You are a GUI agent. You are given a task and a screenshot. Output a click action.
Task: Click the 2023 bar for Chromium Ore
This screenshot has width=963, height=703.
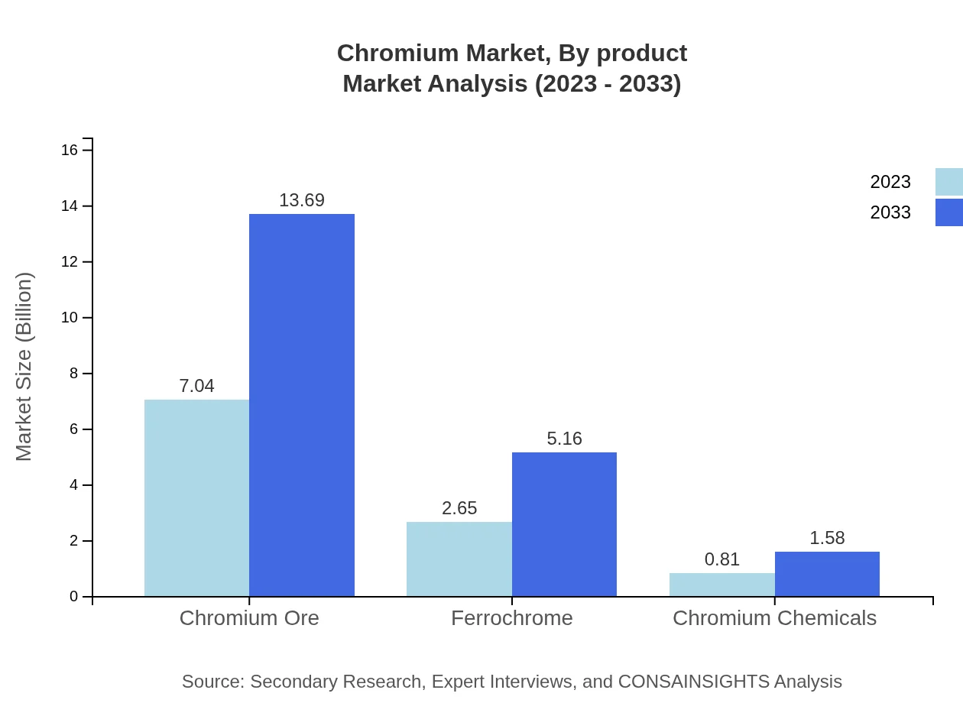click(196, 497)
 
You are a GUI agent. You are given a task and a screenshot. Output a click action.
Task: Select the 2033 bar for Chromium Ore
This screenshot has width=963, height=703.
click(302, 405)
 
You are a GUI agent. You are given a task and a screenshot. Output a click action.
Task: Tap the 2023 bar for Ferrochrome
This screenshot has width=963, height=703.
click(459, 559)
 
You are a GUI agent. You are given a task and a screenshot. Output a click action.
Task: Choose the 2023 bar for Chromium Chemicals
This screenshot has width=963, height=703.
click(722, 585)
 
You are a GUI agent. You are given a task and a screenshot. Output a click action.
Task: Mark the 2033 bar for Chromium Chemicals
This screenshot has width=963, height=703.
click(827, 574)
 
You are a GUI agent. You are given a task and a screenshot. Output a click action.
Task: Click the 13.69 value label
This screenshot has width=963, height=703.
click(302, 200)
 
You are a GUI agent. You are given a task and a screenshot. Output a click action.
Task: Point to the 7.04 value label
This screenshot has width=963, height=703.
click(196, 386)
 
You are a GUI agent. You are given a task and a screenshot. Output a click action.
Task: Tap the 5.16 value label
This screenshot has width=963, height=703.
click(564, 439)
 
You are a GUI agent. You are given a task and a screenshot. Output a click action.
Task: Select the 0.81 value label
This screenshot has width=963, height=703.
click(722, 559)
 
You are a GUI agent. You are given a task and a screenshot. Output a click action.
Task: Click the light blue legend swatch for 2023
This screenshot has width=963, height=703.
click(948, 182)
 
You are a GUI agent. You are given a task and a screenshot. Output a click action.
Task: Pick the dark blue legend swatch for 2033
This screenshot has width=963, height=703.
click(948, 212)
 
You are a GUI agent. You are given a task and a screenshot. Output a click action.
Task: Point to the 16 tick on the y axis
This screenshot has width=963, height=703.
click(70, 151)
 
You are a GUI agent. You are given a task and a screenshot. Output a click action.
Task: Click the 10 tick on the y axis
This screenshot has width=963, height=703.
click(70, 318)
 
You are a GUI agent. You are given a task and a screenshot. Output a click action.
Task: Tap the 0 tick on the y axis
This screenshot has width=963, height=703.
click(73, 597)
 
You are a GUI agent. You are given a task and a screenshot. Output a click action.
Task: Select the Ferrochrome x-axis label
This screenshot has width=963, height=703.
click(511, 618)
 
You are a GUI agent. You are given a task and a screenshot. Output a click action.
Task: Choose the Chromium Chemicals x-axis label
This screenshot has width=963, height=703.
click(774, 618)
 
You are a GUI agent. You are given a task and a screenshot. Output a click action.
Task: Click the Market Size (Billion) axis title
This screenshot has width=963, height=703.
click(24, 367)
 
